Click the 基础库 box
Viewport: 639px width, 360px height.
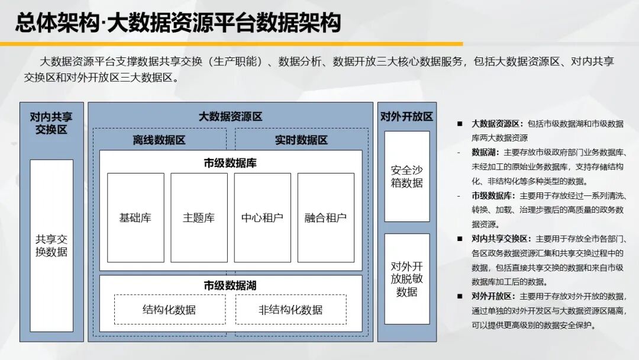[135, 218]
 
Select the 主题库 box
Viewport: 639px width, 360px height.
[199, 218]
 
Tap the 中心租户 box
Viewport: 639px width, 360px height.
[263, 218]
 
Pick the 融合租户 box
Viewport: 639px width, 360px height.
[326, 218]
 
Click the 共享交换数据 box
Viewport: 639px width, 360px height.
[51, 246]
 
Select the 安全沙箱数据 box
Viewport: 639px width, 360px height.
[406, 176]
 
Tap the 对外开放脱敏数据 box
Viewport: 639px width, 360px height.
[406, 279]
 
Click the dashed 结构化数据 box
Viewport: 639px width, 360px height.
[170, 310]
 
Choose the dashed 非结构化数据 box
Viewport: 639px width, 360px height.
[291, 310]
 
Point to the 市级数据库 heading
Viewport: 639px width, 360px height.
[230, 163]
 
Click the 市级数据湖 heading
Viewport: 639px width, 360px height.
[230, 285]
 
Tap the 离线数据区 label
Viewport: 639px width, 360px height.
[159, 140]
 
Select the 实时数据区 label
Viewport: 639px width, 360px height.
[301, 140]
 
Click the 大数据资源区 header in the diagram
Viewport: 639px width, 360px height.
[230, 117]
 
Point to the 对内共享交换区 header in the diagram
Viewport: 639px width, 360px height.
[51, 123]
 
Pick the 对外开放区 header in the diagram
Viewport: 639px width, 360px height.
[406, 117]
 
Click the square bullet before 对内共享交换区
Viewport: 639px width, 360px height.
[460, 239]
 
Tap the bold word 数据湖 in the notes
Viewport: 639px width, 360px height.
[484, 153]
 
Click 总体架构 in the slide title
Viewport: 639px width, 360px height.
[57, 22]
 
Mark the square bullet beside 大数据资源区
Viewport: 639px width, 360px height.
[460, 124]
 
